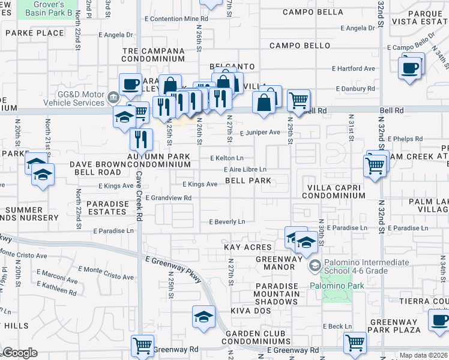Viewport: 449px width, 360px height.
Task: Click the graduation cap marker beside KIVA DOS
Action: (203, 316)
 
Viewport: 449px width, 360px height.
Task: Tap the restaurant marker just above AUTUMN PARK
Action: (142, 140)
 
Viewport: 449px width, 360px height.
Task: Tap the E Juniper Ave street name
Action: (260, 133)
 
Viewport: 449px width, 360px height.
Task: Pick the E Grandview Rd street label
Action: (167, 197)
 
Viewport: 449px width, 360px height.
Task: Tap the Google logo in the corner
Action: (20, 353)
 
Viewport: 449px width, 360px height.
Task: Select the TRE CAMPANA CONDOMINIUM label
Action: (153, 55)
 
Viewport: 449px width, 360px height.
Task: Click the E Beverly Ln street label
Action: (227, 222)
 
